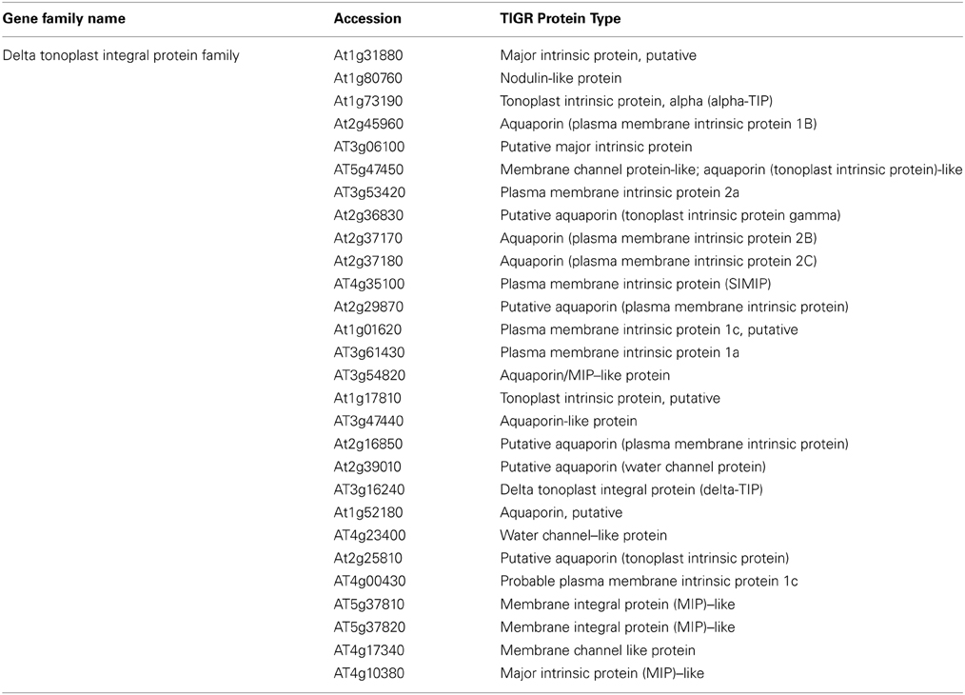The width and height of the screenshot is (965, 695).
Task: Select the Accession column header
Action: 367,18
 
